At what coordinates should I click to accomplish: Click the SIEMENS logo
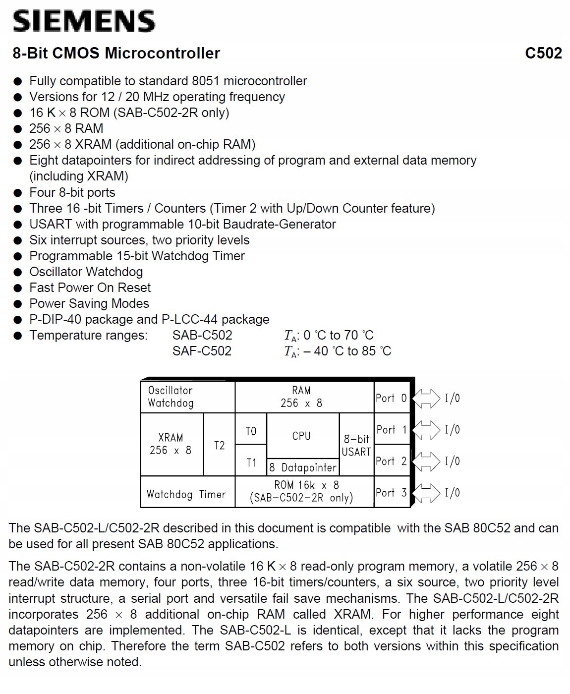click(x=83, y=21)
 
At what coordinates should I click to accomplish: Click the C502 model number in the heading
click(x=543, y=53)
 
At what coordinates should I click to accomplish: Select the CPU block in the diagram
click(x=301, y=435)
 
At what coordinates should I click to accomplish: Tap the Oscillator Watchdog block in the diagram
click(x=187, y=397)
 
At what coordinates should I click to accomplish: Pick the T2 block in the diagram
click(x=219, y=445)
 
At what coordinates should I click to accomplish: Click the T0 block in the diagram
click(x=251, y=430)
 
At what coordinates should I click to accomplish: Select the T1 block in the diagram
click(x=251, y=462)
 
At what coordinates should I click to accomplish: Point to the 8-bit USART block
click(x=356, y=445)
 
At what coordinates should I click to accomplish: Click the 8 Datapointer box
click(x=302, y=467)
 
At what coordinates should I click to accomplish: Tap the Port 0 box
click(x=391, y=398)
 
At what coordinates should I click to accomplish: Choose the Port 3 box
click(x=391, y=492)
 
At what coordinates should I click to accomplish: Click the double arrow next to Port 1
click(x=426, y=429)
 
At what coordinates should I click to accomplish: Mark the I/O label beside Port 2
click(x=452, y=461)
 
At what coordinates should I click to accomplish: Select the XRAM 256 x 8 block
click(x=171, y=444)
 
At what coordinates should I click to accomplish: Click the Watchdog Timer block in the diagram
click(x=187, y=494)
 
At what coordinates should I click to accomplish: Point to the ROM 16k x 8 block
click(x=303, y=491)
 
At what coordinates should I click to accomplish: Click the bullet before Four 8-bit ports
click(x=18, y=193)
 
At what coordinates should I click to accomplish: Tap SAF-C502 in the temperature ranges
click(x=202, y=351)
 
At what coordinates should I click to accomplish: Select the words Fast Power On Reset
click(x=90, y=288)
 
